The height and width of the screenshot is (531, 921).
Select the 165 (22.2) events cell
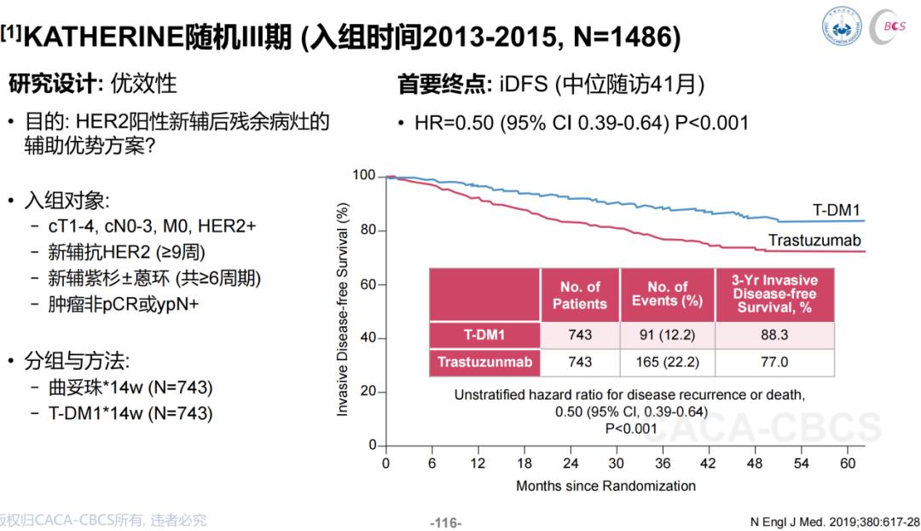point(668,362)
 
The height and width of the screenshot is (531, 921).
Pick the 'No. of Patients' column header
point(580,295)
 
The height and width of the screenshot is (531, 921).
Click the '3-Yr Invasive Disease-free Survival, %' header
point(774,295)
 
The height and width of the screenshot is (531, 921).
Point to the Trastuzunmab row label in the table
point(484,362)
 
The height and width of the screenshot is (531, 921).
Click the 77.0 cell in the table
point(774,362)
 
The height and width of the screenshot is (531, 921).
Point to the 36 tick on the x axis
point(663,464)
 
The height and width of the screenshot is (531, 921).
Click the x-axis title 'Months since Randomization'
point(605,486)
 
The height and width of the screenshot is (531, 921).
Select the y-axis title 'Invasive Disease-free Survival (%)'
point(343,309)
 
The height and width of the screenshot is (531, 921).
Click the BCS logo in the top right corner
point(893,26)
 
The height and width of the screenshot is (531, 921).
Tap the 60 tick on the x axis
point(847,464)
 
